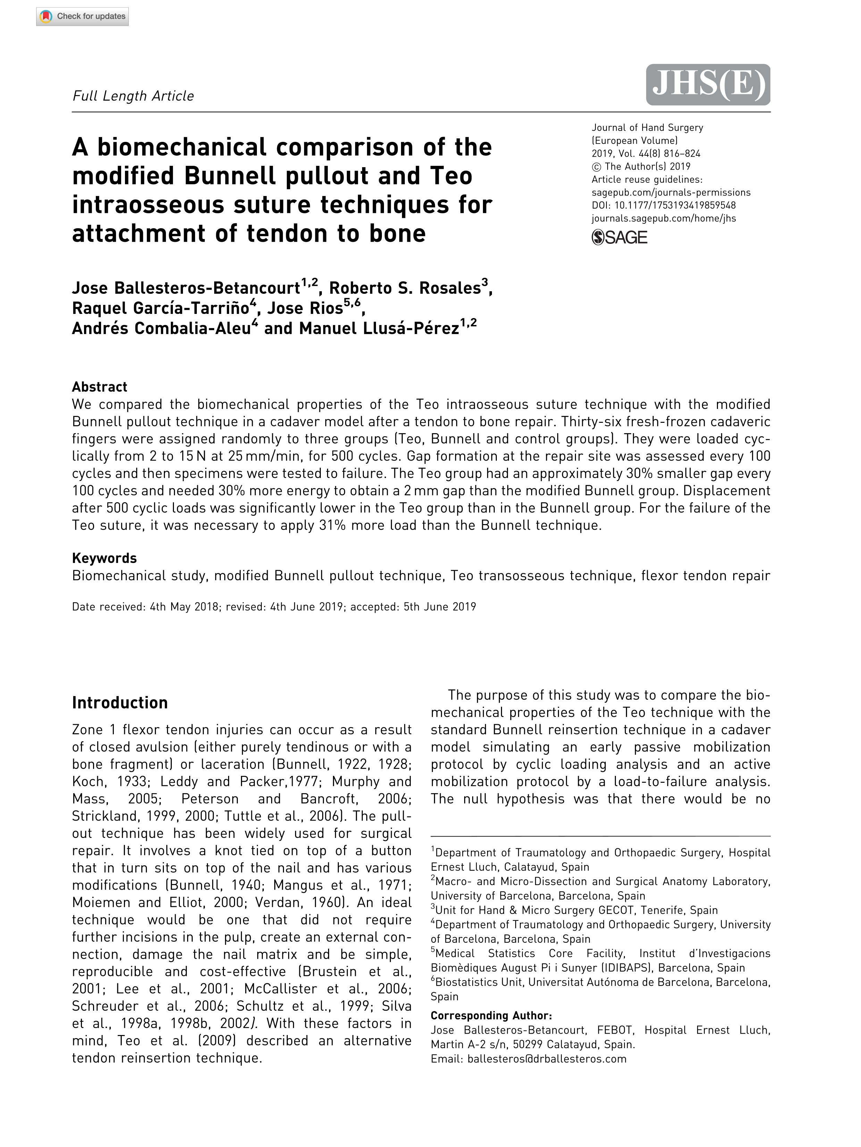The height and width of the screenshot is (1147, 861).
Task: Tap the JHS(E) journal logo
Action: click(x=708, y=85)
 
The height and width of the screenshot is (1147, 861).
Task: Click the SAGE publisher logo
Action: click(x=619, y=238)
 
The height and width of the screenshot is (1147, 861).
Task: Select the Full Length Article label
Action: click(x=133, y=96)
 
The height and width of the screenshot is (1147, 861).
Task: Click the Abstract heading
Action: click(x=100, y=387)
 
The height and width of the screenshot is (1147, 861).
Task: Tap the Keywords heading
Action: click(x=104, y=558)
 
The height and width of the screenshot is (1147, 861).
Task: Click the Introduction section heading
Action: click(x=120, y=703)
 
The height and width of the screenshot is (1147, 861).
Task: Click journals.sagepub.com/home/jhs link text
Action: click(x=663, y=218)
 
